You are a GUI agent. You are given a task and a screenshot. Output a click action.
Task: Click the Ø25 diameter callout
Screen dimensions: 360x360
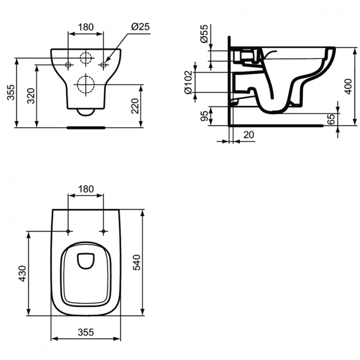pos(140,27)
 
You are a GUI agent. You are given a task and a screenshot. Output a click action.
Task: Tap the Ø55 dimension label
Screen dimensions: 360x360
pos(204,34)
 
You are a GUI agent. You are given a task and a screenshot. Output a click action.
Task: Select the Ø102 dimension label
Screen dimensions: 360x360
pos(188,82)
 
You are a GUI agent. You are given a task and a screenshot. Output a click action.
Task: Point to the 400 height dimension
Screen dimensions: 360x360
pos(348,86)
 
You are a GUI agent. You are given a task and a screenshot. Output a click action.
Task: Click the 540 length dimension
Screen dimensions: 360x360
pos(137,263)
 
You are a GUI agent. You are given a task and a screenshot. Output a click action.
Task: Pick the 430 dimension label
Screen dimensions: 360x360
pos(23,274)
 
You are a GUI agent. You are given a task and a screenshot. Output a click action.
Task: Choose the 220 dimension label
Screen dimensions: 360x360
pos(135,106)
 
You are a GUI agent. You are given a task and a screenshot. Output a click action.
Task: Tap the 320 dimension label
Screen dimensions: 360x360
pos(31,96)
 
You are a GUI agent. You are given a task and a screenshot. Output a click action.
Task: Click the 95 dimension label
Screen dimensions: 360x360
pos(204,116)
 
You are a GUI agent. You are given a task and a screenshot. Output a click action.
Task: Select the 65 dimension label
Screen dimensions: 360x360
pos(331,119)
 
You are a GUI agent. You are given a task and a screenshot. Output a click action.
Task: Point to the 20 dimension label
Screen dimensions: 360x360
pos(249,135)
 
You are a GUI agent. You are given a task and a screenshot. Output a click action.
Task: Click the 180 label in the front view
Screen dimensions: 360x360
pos(86,27)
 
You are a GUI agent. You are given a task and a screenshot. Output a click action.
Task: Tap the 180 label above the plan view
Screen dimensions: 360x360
pos(86,189)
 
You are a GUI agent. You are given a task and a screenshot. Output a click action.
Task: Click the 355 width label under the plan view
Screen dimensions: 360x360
pos(86,332)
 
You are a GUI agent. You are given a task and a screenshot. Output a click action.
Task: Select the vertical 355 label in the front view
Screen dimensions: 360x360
pos(11,92)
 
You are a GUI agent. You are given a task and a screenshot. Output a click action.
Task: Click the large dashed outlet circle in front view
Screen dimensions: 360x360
pos(86,84)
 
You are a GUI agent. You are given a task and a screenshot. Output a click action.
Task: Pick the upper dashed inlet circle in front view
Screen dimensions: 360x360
pos(86,58)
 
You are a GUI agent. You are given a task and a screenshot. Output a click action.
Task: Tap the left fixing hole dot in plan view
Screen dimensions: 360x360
pos(68,231)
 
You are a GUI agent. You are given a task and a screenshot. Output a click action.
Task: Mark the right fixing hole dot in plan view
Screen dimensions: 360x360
pos(103,231)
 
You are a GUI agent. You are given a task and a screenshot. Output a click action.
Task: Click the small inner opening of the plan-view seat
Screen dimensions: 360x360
pos(86,261)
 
